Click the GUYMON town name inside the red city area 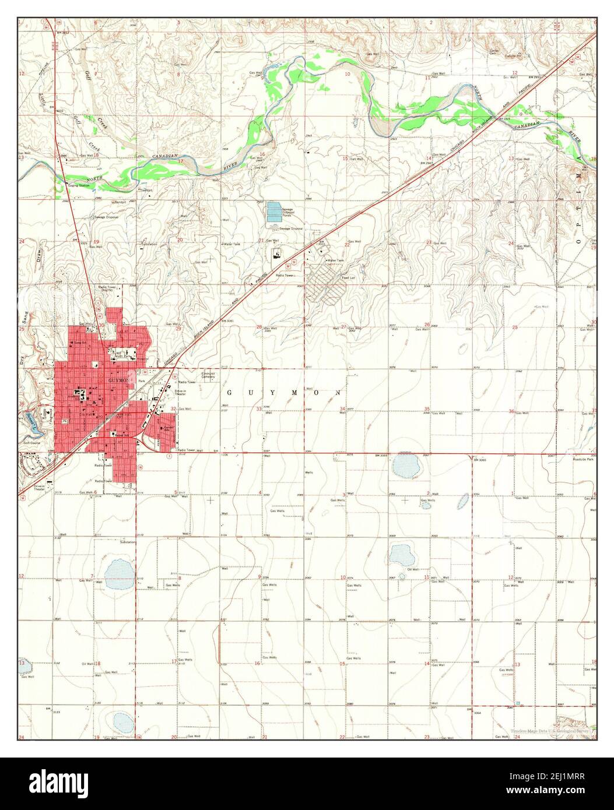click(116, 378)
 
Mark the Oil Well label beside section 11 click(413, 569)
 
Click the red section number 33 click(259, 409)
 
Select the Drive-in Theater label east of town click(180, 393)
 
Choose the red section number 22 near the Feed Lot click(346, 245)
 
